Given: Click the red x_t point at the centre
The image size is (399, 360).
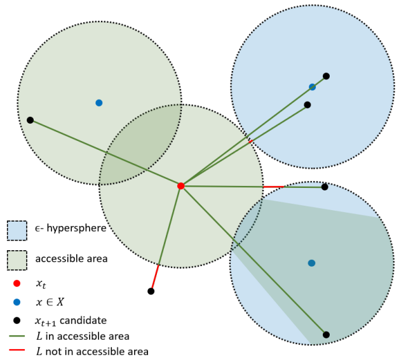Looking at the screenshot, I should (x=181, y=186).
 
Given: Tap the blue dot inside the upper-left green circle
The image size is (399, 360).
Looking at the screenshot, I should (x=98, y=103).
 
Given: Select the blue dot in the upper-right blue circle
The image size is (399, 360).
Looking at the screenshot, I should (x=312, y=87).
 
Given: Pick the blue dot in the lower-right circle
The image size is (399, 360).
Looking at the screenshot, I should (x=311, y=263).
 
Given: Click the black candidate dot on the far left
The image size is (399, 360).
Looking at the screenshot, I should (x=30, y=120).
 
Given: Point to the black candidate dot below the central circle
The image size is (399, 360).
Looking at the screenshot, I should (x=151, y=291).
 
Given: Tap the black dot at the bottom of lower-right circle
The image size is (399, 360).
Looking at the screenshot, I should (x=326, y=335).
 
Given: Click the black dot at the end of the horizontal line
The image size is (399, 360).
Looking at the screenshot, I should (x=325, y=187).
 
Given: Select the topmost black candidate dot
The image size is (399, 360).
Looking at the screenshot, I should (x=326, y=76).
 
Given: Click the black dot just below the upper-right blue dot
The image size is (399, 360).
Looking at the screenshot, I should (x=307, y=105).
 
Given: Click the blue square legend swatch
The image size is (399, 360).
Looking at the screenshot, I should (x=17, y=231).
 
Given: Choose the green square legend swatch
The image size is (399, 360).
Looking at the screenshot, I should (x=17, y=260).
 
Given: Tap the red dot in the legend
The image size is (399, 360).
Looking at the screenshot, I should (x=17, y=283).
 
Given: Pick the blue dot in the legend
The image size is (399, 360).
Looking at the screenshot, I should (x=17, y=302).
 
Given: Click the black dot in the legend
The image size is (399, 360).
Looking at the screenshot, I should (x=17, y=320).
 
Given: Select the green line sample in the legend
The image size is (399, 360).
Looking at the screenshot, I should (x=17, y=337).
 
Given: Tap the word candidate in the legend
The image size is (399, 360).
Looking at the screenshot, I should (x=86, y=320).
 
